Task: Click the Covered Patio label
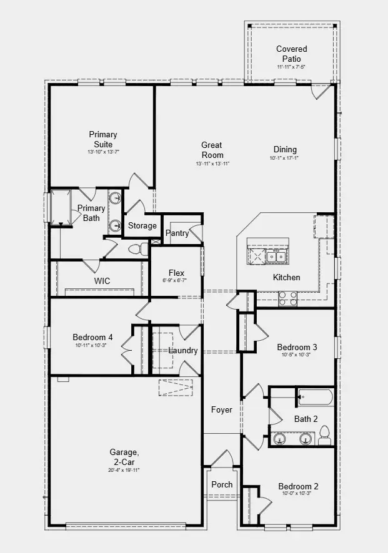pos(292,54)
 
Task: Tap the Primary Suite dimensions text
pos(103,152)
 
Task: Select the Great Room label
pos(212,150)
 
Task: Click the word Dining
pos(285,149)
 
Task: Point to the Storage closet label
pos(142,226)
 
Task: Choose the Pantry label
pos(177,233)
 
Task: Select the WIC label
pos(102,281)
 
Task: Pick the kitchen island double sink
pos(276,256)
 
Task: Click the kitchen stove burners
pos(287,299)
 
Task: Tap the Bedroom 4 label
pos(92,338)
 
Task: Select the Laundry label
pos(183,350)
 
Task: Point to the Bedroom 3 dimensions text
pos(297,355)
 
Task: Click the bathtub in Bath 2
pos(314,394)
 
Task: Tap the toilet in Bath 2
pos(324,435)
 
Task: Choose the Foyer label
pos(221,410)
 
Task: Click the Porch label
pos(222,484)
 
